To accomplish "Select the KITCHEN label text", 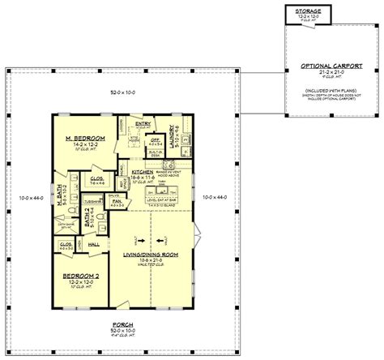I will coord(143,173).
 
